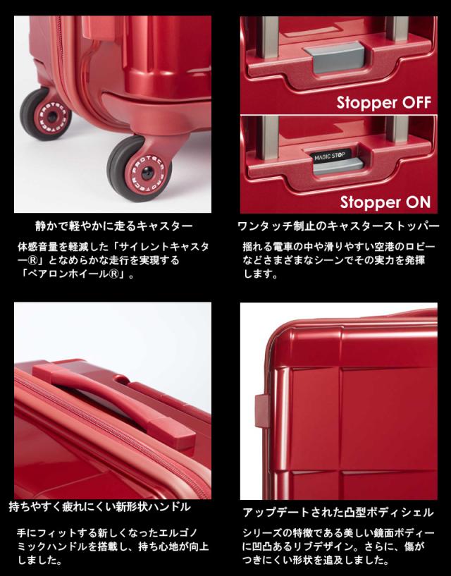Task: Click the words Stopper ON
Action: coord(384,202)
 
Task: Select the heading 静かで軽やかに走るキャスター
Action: coord(114,227)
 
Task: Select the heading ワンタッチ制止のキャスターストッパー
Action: coord(339,227)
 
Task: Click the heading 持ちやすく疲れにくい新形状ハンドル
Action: coord(99,506)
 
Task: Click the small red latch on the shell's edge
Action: coord(261,409)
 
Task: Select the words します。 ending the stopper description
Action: coord(259,274)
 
